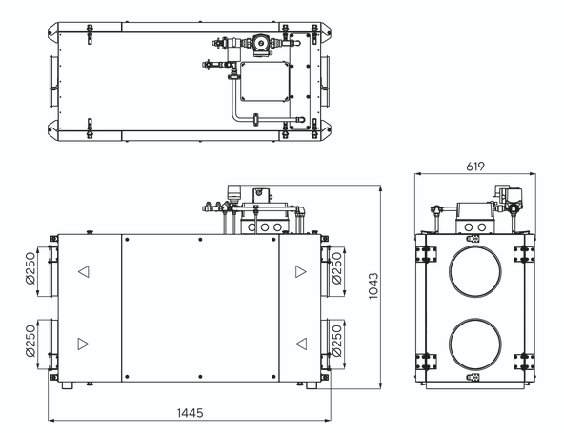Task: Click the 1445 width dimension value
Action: click(x=190, y=413)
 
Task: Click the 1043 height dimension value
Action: click(x=373, y=286)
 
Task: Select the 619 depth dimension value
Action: click(x=475, y=167)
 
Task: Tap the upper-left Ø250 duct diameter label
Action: click(x=30, y=268)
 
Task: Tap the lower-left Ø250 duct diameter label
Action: click(x=30, y=341)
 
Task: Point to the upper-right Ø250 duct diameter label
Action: click(x=337, y=268)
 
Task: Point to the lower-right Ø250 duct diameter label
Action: click(x=337, y=341)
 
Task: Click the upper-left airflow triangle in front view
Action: click(x=84, y=271)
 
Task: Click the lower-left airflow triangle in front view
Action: click(x=83, y=344)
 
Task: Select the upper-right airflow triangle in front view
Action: click(x=301, y=271)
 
